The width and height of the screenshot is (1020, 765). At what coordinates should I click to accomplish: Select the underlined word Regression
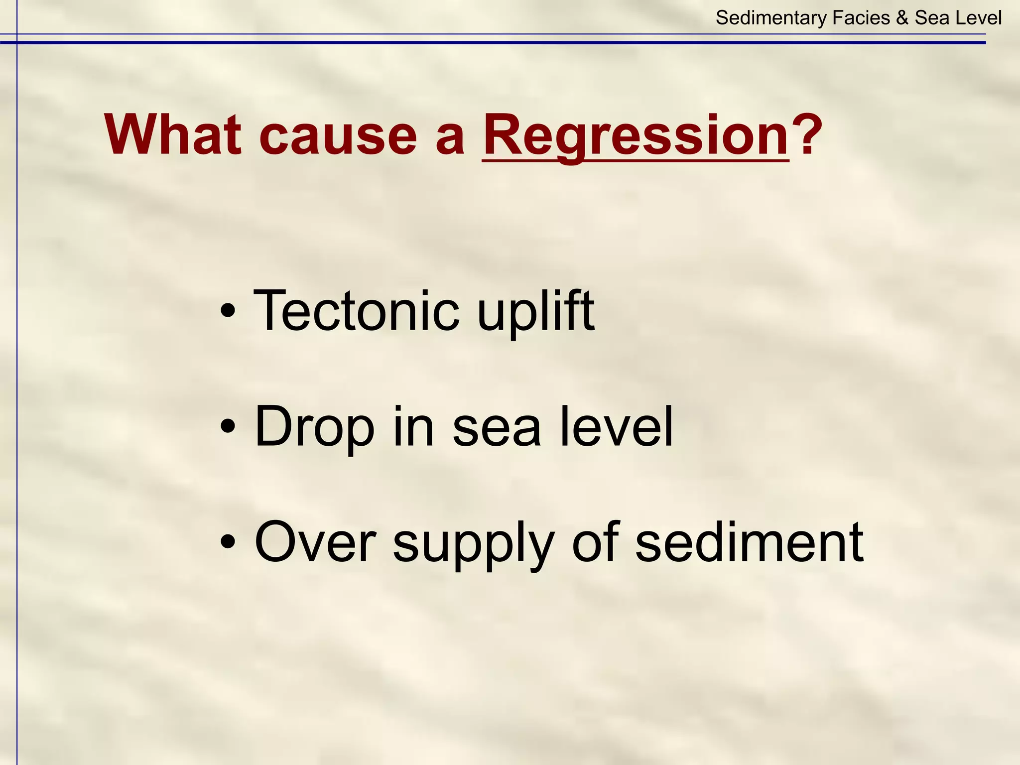(636, 135)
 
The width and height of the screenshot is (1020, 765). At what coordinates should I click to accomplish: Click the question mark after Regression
(807, 135)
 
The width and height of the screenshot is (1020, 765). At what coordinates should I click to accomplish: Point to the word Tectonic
(356, 311)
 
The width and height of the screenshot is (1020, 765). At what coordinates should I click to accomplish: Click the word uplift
(535, 312)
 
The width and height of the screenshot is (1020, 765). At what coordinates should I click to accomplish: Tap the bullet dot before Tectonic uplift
(228, 312)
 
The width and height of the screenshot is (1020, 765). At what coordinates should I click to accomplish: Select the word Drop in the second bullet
(314, 427)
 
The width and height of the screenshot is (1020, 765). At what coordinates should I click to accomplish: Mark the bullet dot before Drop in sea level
(228, 427)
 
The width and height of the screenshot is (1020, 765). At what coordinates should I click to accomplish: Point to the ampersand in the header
(902, 18)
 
